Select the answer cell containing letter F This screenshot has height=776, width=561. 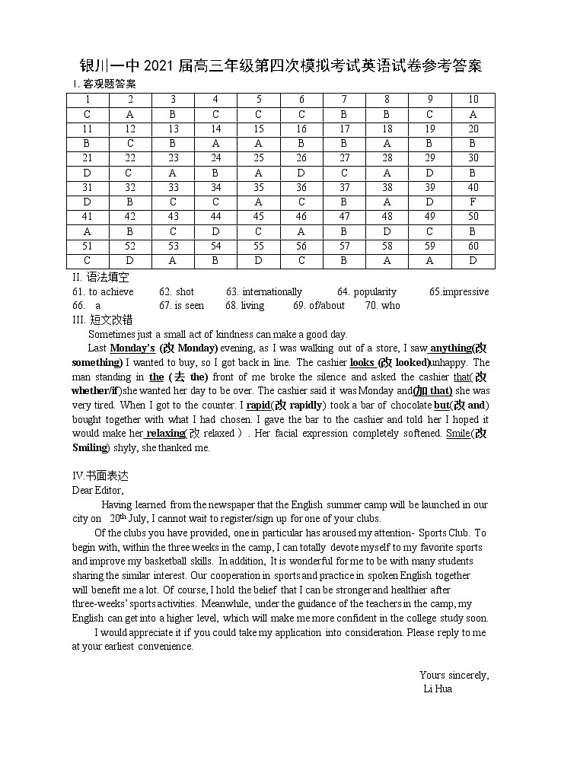(473, 202)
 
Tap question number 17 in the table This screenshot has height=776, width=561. (344, 129)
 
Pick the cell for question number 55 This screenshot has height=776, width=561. (259, 246)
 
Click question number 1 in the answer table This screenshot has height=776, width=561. (88, 100)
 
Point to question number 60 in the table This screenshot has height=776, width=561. (473, 246)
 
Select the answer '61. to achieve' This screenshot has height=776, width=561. (103, 292)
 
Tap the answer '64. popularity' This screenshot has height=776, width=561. (367, 292)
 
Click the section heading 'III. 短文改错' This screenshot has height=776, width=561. (100, 320)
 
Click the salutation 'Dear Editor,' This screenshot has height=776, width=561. (97, 490)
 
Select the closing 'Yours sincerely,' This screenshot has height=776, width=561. (454, 675)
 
